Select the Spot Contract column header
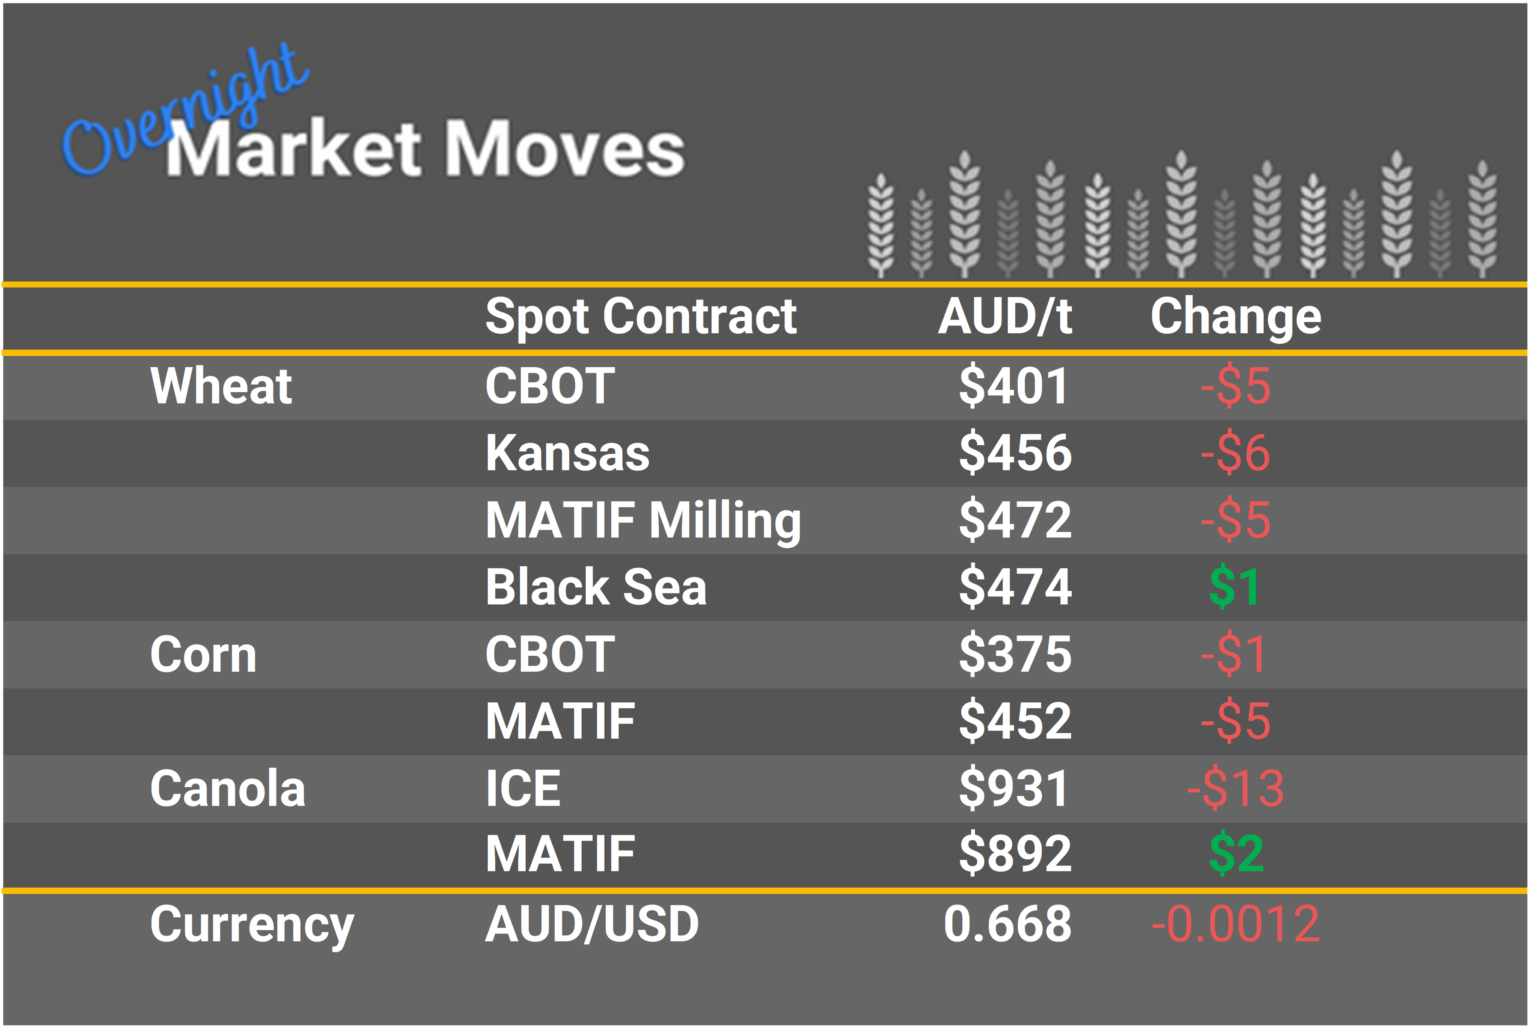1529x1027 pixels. point(640,317)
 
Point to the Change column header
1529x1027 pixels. point(1236,317)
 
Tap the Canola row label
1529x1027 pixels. point(227,788)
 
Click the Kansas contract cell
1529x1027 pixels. point(567,453)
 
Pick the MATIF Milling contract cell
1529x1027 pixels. point(643,520)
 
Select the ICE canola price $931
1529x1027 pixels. point(1013,788)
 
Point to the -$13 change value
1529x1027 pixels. point(1235,788)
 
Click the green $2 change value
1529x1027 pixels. point(1236,853)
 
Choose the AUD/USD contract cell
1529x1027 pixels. point(592,924)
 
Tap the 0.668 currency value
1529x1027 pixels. point(1007,924)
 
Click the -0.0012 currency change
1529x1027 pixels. point(1235,924)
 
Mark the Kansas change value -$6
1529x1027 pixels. point(1235,453)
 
